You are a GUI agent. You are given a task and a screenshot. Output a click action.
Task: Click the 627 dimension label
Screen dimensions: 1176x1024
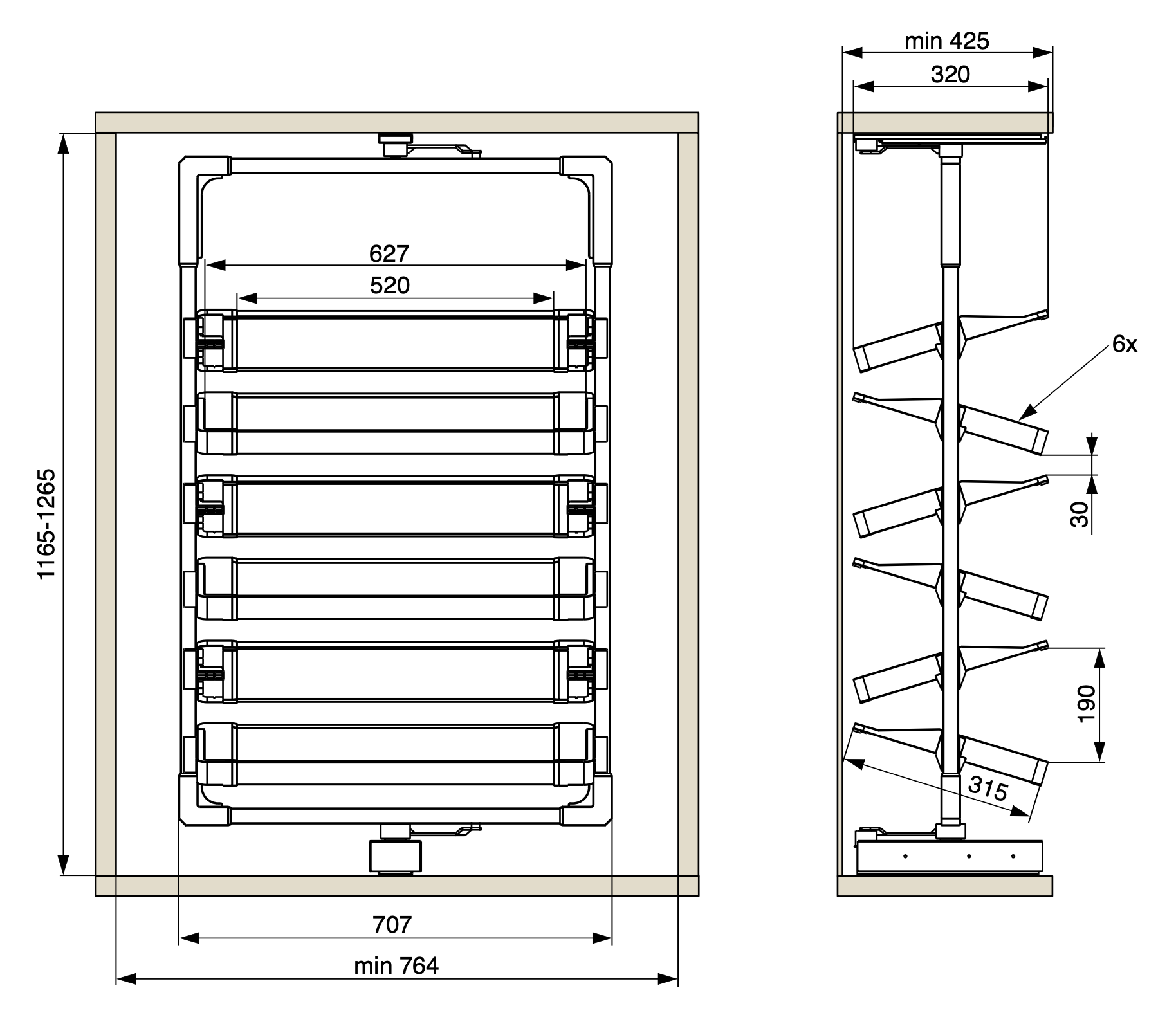click(389, 253)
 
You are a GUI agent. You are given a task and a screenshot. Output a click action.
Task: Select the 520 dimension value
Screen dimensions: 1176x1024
click(390, 285)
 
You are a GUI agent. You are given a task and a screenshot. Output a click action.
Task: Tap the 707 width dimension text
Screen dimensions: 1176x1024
click(392, 924)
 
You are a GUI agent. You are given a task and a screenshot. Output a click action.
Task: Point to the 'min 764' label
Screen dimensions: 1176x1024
click(396, 965)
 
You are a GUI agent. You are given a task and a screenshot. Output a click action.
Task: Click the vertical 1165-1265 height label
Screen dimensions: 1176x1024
click(47, 524)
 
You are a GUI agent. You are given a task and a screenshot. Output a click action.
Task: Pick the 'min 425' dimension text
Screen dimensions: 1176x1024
click(946, 41)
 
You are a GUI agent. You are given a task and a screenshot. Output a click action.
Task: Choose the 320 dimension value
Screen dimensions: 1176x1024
click(950, 75)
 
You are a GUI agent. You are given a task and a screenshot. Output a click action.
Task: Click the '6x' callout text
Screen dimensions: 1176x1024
click(1125, 345)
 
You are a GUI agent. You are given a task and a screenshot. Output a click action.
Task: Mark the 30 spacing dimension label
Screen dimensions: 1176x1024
click(1080, 515)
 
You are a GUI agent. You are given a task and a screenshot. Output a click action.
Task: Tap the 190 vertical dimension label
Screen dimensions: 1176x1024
click(1086, 704)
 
